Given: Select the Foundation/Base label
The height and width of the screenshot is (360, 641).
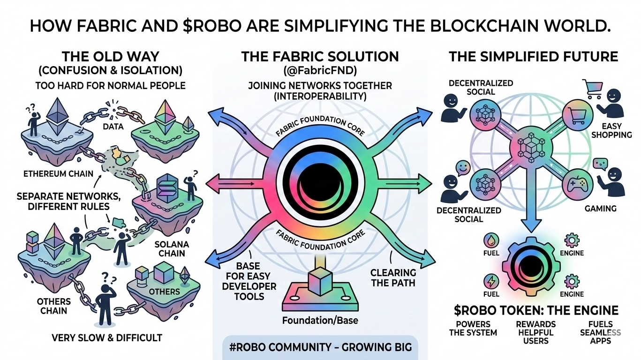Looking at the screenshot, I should pyautogui.click(x=320, y=321).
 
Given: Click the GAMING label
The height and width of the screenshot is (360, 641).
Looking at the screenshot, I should pyautogui.click(x=600, y=208).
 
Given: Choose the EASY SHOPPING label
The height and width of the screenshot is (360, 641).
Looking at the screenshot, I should pyautogui.click(x=615, y=130).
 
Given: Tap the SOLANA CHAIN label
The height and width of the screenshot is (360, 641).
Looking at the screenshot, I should pyautogui.click(x=172, y=249).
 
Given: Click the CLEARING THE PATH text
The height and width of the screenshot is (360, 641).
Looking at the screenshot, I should pyautogui.click(x=393, y=277).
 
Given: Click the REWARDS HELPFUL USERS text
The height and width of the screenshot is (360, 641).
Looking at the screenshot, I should pyautogui.click(x=535, y=332).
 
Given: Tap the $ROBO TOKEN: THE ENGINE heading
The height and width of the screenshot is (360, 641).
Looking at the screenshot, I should pyautogui.click(x=536, y=310).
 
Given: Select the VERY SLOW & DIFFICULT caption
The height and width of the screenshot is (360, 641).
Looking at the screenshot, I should pyautogui.click(x=108, y=337).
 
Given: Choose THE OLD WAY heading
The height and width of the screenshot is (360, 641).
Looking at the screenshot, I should pyautogui.click(x=110, y=57).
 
